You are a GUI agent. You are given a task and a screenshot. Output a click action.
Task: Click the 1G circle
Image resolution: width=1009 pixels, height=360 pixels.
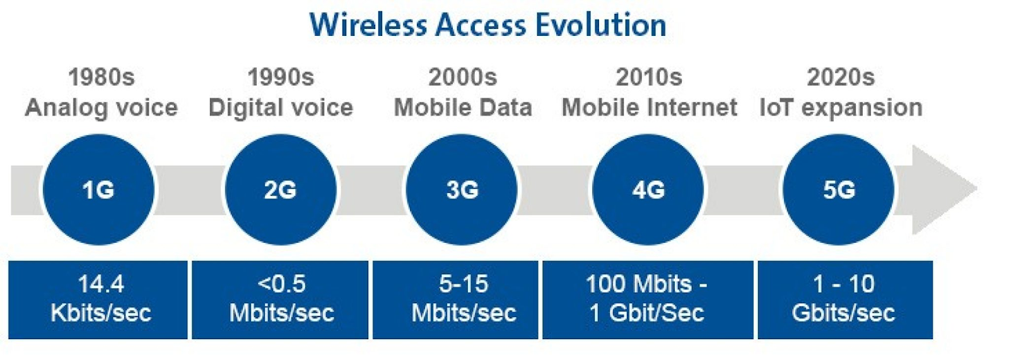tap(98, 190)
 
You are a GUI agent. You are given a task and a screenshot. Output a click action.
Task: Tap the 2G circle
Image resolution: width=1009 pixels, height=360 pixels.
tap(281, 190)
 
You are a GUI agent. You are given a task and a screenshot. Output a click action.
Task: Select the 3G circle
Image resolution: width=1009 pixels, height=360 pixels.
tap(462, 190)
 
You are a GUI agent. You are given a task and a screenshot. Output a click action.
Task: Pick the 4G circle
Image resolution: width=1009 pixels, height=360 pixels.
tap(648, 190)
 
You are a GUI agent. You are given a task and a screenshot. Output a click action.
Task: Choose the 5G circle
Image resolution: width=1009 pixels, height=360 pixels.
tap(838, 190)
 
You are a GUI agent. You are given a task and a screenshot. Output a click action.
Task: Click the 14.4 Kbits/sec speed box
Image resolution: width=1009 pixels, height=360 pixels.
tap(98, 299)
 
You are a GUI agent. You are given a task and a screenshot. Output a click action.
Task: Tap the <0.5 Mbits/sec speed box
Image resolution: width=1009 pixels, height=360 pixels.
tap(280, 299)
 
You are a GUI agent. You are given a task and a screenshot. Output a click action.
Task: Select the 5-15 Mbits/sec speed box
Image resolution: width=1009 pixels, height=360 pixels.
tap(455, 299)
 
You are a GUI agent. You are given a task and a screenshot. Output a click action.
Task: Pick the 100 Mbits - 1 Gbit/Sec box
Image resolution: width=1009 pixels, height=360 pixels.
tap(648, 299)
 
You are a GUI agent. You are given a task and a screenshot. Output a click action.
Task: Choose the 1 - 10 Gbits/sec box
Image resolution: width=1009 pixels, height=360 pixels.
tap(846, 299)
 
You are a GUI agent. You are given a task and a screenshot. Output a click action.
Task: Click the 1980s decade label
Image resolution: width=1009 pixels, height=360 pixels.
tap(102, 77)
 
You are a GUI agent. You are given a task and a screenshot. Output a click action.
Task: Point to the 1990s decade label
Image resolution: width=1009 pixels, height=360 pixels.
tap(281, 77)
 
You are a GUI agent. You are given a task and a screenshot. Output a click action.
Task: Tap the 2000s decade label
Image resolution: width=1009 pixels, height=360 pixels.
tap(463, 77)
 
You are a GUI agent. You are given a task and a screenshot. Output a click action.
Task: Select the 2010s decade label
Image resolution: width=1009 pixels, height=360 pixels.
tap(649, 77)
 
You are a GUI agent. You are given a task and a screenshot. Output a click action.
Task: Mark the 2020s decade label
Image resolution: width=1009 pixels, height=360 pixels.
tap(841, 77)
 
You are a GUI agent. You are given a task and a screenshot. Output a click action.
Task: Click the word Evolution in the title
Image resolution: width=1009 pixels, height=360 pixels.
tap(600, 25)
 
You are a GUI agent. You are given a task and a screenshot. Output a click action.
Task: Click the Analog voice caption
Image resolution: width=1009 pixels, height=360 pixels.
tap(102, 108)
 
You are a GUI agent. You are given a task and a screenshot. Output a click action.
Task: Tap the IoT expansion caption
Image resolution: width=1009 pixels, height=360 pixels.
tap(841, 108)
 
